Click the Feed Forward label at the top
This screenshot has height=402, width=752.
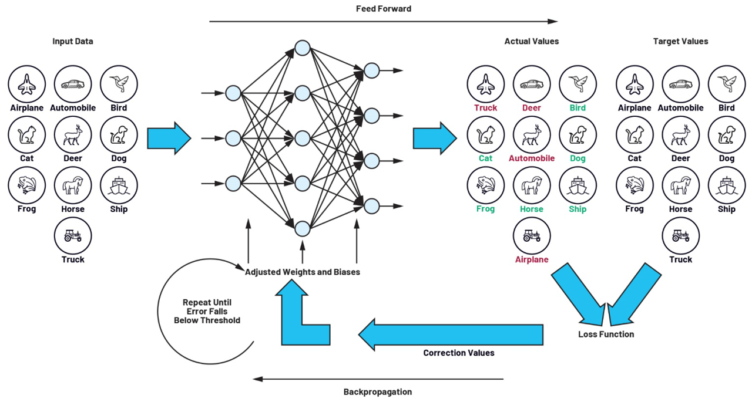[x=383, y=9]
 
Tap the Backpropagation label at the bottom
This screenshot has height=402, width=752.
[x=377, y=391]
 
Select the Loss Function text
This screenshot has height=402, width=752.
[x=606, y=334]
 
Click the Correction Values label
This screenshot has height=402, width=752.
[x=459, y=353]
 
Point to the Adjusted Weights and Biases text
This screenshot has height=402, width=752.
[x=302, y=272]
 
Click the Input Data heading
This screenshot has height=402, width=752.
[x=73, y=41]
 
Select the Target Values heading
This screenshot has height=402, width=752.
[x=680, y=41]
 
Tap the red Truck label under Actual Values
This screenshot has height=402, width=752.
[x=485, y=108]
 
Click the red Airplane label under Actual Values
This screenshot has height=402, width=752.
[x=532, y=259]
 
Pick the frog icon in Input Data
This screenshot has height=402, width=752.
[x=26, y=185]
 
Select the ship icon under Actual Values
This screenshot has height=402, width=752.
[x=578, y=185]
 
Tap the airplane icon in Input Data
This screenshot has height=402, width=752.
[x=26, y=84]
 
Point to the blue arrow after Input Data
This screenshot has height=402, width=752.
[x=169, y=138]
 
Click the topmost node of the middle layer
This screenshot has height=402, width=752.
[x=302, y=48]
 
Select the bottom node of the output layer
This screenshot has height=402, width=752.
[x=371, y=206]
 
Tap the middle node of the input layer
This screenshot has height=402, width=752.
[x=233, y=138]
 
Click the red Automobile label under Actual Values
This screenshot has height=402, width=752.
[x=532, y=158]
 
